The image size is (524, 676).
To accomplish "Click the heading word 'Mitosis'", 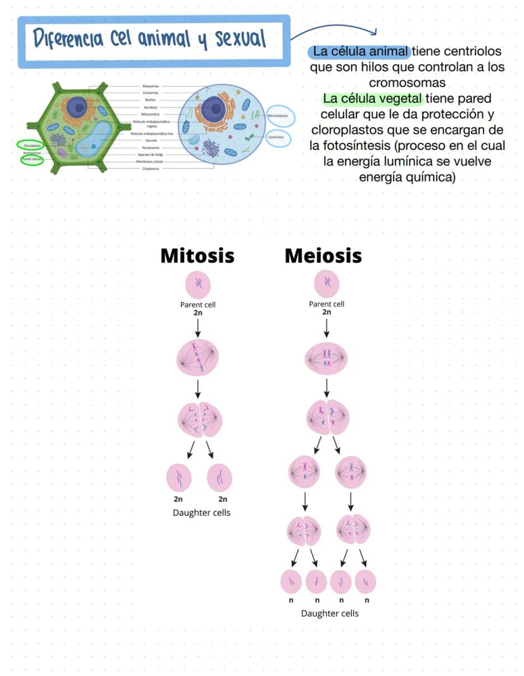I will click(197, 255).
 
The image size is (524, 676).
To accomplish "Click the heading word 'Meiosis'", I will click(323, 255).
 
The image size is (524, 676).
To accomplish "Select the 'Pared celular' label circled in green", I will click(32, 160).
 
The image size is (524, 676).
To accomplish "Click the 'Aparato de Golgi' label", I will click(150, 154).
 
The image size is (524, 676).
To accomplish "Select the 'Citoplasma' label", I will click(150, 169).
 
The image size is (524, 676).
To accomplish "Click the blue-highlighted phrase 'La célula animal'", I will click(361, 51).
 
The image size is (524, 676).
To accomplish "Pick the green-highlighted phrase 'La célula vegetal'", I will click(372, 99).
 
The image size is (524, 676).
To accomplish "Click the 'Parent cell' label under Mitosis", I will click(198, 304).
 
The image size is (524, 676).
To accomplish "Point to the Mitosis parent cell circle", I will click(197, 284).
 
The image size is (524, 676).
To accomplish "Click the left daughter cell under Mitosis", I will click(179, 477).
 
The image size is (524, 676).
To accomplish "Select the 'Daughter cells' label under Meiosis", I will click(329, 613).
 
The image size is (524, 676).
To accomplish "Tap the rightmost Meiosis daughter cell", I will click(366, 582).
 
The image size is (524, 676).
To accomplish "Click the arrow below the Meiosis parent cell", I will click(327, 328).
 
